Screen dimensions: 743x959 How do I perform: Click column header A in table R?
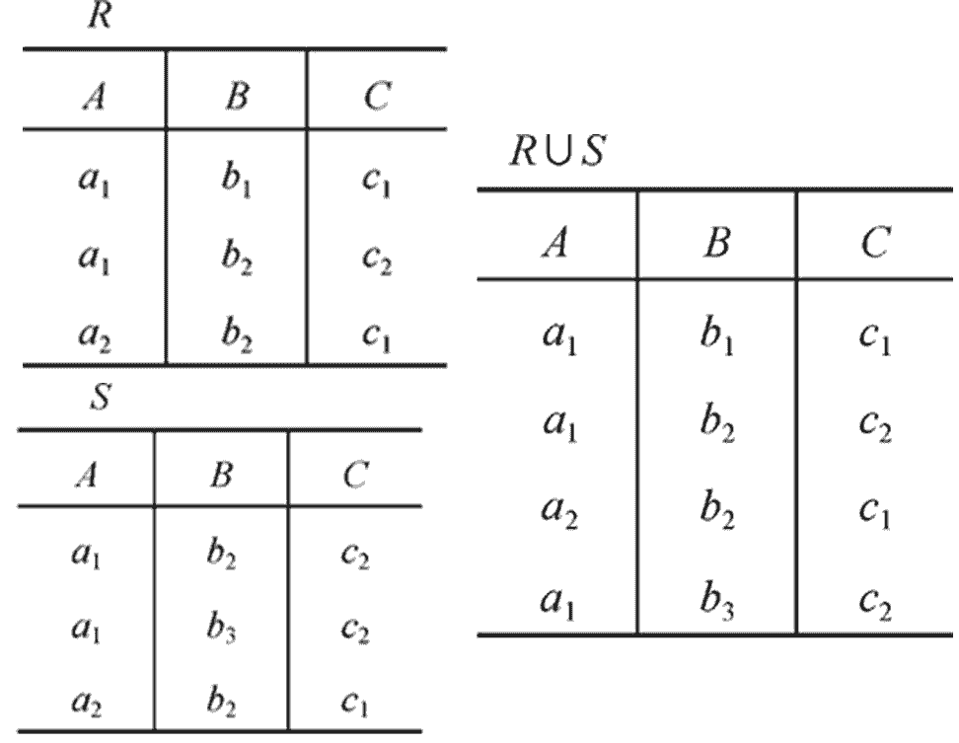(x=95, y=99)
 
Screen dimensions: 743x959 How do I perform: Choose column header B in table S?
(x=222, y=476)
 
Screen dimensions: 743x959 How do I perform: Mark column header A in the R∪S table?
(x=557, y=243)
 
